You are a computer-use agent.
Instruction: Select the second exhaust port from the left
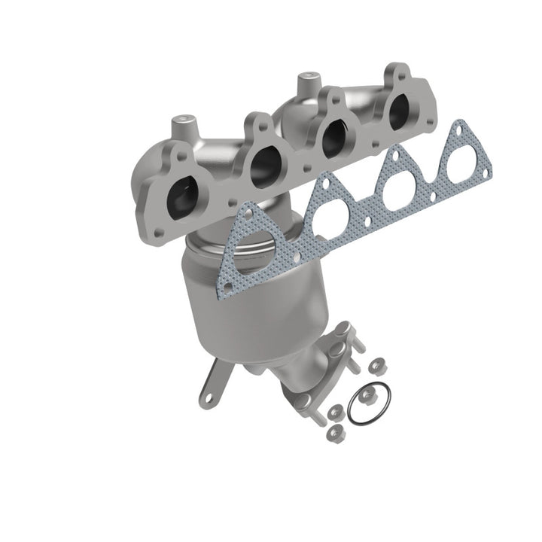tap(263, 164)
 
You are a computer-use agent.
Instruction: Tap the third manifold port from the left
tap(329, 135)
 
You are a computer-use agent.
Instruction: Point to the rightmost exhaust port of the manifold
tap(396, 111)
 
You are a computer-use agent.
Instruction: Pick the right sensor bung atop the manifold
tap(306, 80)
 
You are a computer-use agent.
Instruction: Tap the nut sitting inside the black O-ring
tap(367, 396)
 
